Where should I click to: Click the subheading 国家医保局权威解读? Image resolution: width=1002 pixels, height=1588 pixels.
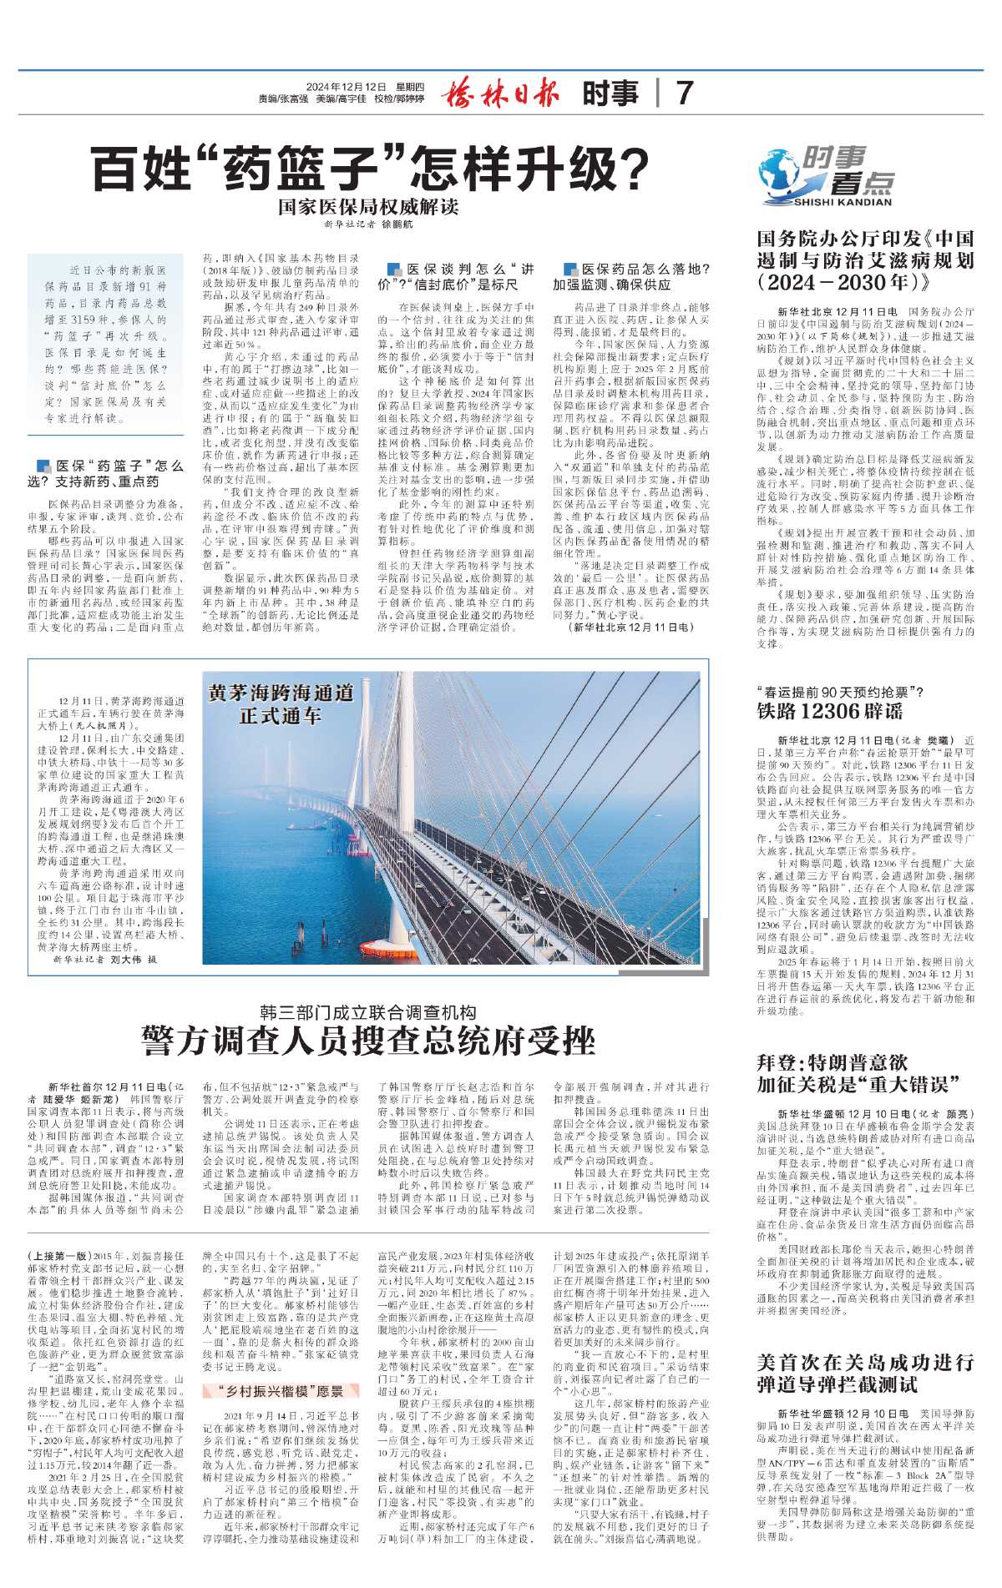tap(368, 206)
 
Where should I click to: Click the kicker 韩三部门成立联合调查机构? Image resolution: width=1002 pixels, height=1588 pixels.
tap(367, 1011)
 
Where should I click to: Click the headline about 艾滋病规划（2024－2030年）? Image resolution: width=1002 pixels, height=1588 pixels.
tap(865, 260)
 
